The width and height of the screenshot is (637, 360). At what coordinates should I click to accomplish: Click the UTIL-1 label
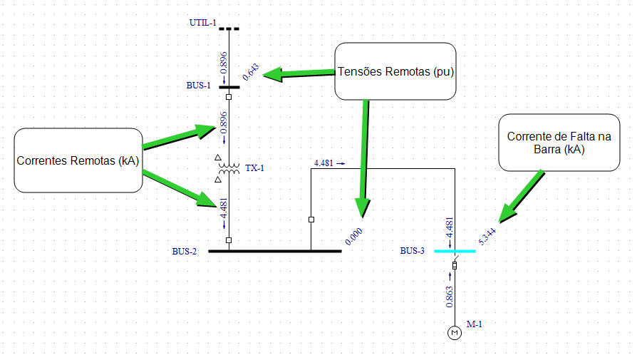(203, 23)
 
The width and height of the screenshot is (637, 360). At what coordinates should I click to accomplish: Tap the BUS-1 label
(198, 86)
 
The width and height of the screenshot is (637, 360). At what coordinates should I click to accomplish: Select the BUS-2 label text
(184, 252)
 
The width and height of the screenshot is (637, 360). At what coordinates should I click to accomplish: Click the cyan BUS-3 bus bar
(455, 251)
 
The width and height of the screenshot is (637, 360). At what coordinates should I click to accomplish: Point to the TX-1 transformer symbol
(229, 169)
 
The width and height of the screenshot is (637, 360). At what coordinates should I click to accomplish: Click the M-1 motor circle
(455, 333)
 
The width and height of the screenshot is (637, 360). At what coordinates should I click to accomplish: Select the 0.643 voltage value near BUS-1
(251, 72)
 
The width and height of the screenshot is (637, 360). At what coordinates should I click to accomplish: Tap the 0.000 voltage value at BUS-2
(353, 237)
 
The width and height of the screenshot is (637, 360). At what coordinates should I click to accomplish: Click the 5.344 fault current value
(487, 237)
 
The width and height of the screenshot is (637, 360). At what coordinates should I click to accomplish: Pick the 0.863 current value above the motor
(449, 297)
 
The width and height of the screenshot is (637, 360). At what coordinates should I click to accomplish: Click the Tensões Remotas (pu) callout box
(395, 71)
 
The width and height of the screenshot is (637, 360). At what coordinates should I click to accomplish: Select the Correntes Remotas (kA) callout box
(78, 160)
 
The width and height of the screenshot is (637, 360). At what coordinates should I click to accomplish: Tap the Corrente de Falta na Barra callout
(559, 142)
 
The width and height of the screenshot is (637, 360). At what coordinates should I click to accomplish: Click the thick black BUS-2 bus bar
(275, 251)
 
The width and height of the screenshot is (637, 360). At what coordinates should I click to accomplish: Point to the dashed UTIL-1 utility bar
(229, 29)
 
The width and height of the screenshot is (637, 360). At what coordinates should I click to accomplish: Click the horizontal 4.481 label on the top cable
(323, 163)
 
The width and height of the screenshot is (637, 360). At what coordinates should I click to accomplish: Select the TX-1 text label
(254, 168)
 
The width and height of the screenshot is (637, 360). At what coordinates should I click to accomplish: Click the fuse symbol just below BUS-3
(455, 265)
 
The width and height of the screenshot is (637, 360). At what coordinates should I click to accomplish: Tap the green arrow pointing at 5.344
(522, 197)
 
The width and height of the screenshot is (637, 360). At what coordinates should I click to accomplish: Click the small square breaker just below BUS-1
(229, 97)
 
